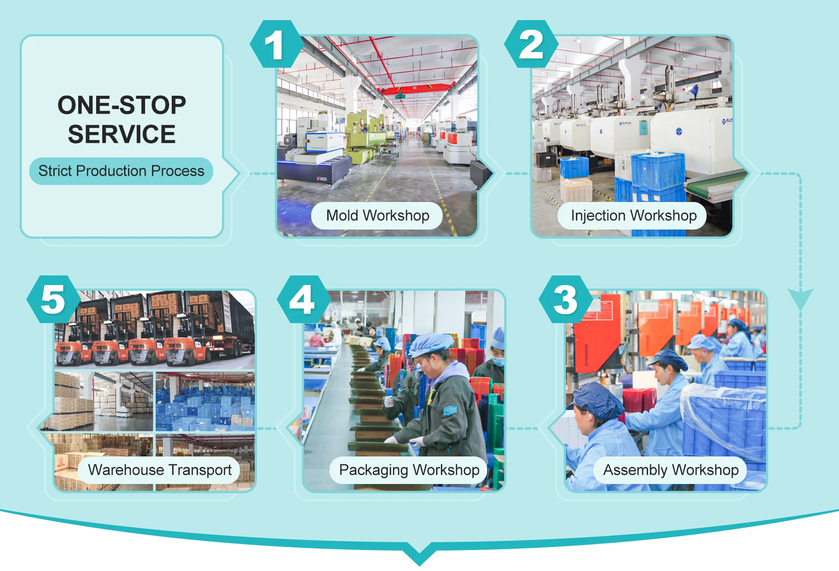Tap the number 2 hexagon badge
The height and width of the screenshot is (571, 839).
click(x=531, y=44)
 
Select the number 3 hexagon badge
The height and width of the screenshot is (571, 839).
click(x=566, y=299)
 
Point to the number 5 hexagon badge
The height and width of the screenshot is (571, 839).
click(x=54, y=299)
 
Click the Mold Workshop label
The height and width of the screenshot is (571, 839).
click(x=377, y=216)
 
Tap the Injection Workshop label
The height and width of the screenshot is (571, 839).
click(x=633, y=216)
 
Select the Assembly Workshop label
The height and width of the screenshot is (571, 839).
click(x=670, y=470)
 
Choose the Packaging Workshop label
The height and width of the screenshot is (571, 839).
click(x=409, y=470)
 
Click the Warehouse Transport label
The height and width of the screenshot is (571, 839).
click(x=159, y=470)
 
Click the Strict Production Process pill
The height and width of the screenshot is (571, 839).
click(x=121, y=171)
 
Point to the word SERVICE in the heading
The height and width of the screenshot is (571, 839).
click(x=122, y=134)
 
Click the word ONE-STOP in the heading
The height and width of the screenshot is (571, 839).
click(x=122, y=105)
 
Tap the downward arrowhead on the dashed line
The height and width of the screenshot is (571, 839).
click(x=801, y=299)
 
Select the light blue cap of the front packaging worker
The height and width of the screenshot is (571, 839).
click(x=430, y=343)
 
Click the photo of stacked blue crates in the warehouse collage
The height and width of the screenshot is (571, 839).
click(x=205, y=401)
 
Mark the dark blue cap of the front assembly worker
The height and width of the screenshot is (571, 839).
click(x=598, y=400)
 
